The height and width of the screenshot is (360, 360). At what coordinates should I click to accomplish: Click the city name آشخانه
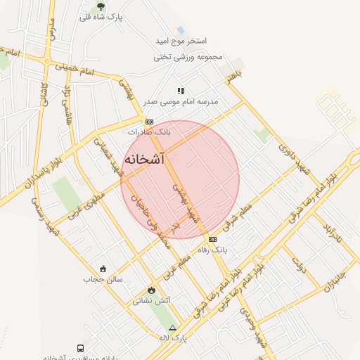(144, 160)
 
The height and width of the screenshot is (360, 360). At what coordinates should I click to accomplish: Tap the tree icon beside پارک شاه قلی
(101, 7)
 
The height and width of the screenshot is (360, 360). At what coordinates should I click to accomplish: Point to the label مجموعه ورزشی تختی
(188, 57)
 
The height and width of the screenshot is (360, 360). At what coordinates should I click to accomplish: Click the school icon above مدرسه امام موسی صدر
(181, 91)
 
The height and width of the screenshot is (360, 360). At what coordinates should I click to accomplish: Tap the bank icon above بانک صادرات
(149, 122)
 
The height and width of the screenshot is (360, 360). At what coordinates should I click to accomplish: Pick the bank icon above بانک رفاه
(212, 239)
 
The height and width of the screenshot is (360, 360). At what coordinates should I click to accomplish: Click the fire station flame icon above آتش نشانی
(150, 290)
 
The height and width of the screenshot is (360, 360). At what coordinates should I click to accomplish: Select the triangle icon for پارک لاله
(172, 328)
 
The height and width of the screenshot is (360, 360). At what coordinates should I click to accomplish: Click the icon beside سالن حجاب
(103, 269)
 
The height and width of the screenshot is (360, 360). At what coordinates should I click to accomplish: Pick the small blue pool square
(181, 30)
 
